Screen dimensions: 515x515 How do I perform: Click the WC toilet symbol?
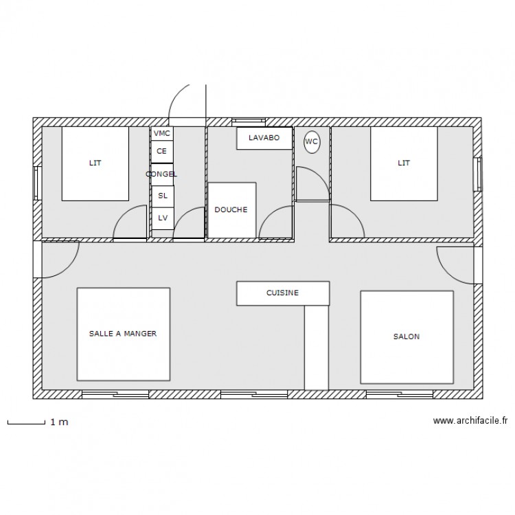311,141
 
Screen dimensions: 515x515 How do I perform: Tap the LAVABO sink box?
264,138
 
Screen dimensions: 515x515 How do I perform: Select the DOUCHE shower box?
231,210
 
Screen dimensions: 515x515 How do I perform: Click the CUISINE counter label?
282,293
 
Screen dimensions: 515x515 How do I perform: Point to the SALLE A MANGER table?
123,334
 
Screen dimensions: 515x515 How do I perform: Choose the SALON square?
407,336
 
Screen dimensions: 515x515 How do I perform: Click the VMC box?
162,133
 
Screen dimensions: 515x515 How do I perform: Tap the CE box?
162,151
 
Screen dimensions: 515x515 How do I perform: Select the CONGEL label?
161,174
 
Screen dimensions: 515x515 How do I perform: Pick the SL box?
162,196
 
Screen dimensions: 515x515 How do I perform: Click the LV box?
162,217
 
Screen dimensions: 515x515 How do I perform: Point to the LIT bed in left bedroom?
95,163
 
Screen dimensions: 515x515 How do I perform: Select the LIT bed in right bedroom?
404,163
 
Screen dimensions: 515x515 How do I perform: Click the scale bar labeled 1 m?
27,422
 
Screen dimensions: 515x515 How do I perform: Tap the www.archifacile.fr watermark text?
470,422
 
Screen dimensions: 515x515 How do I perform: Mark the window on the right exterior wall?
478,175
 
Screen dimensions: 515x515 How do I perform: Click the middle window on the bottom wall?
253,395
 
